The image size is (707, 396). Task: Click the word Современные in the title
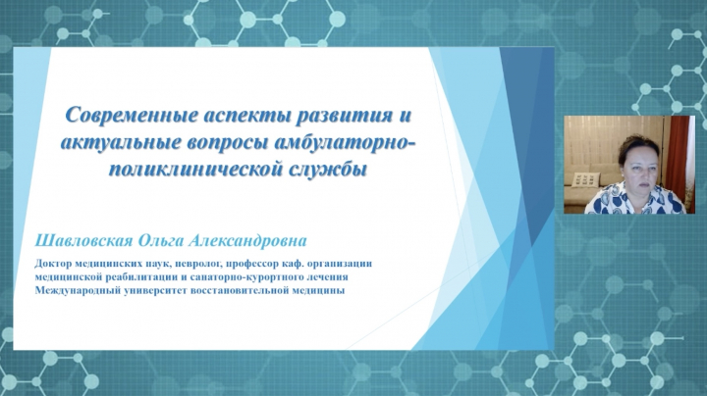(x=132, y=116)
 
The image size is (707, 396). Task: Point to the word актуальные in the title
(x=120, y=143)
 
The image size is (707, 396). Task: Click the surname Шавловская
(x=83, y=240)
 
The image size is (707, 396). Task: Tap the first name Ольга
(x=160, y=241)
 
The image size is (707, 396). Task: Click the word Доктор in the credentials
(x=51, y=264)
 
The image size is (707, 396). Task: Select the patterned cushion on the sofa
(x=581, y=179)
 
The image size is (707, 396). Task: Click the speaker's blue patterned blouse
(x=635, y=199)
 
